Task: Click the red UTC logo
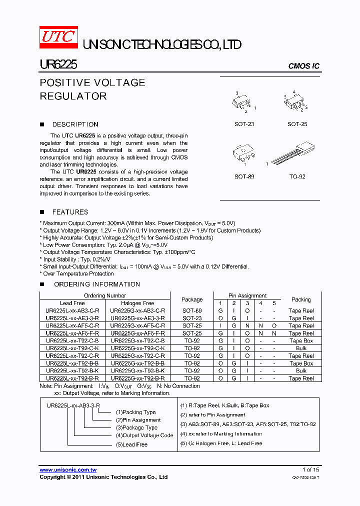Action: (x=58, y=37)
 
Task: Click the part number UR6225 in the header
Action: (x=58, y=65)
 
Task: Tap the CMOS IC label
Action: (x=303, y=66)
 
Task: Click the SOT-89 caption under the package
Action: (x=244, y=176)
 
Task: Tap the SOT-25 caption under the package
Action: (x=297, y=124)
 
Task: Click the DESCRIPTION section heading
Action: (x=75, y=124)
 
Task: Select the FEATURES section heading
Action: (x=70, y=212)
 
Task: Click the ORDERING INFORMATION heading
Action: (x=96, y=284)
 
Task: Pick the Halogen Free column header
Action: (x=137, y=303)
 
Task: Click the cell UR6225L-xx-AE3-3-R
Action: (x=72, y=318)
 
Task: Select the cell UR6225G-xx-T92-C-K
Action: (x=137, y=348)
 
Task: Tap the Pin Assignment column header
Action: (x=247, y=295)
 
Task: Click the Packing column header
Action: (x=301, y=299)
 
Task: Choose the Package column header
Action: (x=192, y=299)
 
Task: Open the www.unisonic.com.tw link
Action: (x=68, y=470)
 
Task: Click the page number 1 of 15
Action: (x=310, y=470)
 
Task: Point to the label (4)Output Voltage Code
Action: (x=144, y=435)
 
